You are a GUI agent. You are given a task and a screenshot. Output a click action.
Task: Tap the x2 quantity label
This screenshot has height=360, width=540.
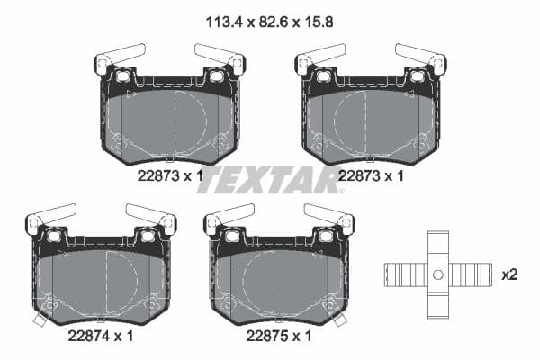[508, 274]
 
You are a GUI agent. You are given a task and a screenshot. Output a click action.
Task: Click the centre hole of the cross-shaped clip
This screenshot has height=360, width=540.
[437, 274]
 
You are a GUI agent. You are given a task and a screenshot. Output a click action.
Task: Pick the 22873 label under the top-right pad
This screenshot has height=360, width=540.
[365, 176]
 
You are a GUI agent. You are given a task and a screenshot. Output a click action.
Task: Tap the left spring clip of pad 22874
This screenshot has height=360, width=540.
[49, 215]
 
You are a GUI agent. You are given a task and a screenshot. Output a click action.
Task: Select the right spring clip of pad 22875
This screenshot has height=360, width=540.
[329, 215]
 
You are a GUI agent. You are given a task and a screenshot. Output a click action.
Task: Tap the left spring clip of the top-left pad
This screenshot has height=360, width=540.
[119, 56]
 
